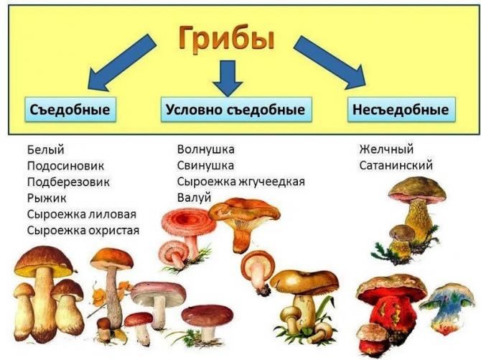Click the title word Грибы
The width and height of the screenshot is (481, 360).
tap(227, 38)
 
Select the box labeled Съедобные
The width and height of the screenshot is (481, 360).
tap(70, 110)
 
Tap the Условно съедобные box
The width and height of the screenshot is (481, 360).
tap(236, 110)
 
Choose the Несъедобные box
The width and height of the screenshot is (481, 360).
tap(401, 110)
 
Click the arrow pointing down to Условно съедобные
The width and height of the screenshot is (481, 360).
tap(228, 78)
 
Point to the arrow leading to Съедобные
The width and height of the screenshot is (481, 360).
tap(121, 63)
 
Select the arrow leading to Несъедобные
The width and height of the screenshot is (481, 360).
tap(330, 63)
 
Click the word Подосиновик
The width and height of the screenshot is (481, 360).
tap(65, 166)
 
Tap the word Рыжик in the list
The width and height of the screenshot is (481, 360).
tap(47, 198)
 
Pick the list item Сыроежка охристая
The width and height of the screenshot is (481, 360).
tap(83, 231)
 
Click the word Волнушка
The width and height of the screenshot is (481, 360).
tap(206, 149)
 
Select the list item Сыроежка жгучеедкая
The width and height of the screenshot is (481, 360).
tap(241, 182)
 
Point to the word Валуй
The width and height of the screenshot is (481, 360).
tap(194, 198)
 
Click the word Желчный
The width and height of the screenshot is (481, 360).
tap(386, 149)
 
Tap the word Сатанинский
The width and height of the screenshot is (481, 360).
tap(396, 165)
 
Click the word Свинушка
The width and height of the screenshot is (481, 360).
tap(205, 165)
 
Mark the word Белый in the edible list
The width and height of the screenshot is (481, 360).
tap(46, 150)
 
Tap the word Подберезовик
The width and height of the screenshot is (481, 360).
tap(68, 182)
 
